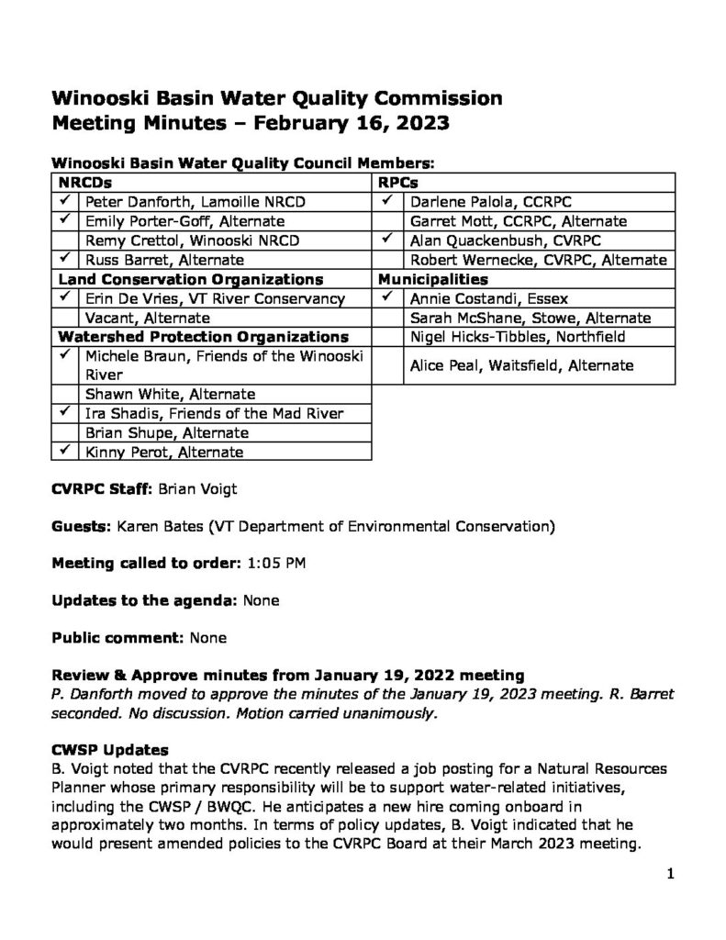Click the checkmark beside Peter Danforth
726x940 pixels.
(x=66, y=200)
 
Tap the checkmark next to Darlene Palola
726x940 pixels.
(x=388, y=200)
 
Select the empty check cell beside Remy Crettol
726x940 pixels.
(x=66, y=241)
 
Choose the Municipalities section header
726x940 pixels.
(x=432, y=279)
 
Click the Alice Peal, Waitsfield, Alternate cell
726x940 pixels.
(x=521, y=365)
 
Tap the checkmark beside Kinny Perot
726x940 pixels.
(x=66, y=452)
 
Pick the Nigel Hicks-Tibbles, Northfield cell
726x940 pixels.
(x=518, y=337)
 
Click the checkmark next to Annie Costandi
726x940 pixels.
(x=388, y=297)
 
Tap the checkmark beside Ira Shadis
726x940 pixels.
(x=66, y=413)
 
